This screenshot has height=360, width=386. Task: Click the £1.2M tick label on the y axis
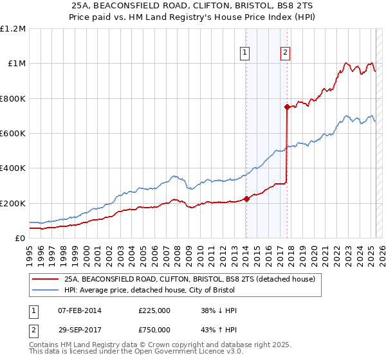pos(13,29)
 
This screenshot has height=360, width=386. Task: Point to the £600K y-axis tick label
pos(13,134)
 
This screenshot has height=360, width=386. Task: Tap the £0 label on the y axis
pos(20,238)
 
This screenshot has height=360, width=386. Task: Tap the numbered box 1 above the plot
pos(246,53)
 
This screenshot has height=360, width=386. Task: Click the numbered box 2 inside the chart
pos(285,53)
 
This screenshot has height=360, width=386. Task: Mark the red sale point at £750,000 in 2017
pos(287,107)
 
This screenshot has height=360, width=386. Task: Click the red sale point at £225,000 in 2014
pos(246,199)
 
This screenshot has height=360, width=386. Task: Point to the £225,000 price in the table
pos(154,310)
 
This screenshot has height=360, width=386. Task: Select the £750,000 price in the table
pos(154,330)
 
